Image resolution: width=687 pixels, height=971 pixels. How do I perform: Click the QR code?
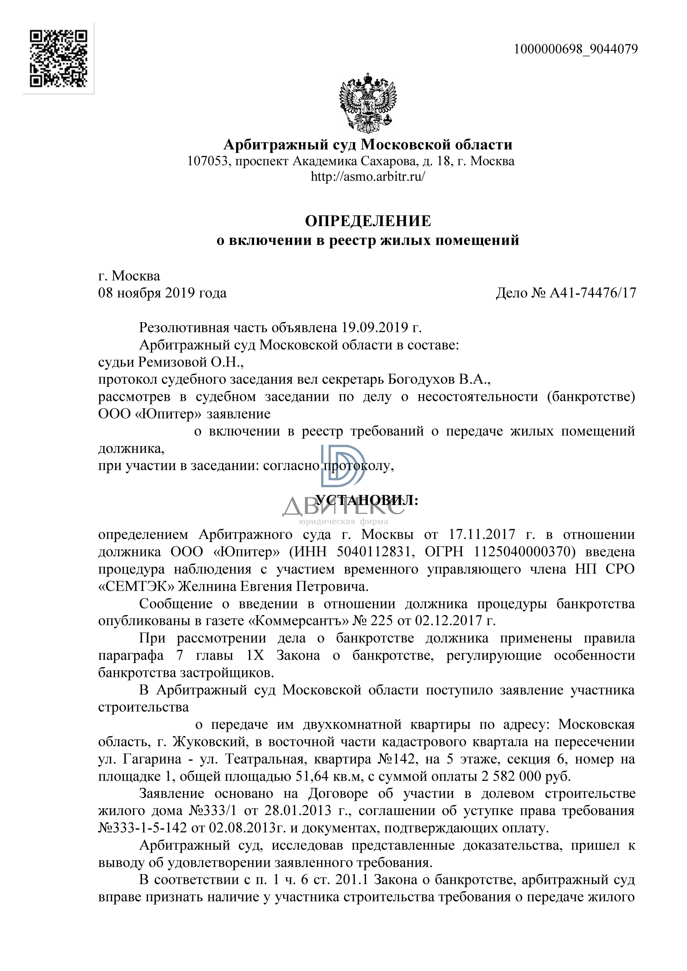tap(58, 58)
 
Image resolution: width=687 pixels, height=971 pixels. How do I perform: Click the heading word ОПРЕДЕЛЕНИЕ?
tap(368, 221)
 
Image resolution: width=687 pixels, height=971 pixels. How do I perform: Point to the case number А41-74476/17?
tap(592, 293)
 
